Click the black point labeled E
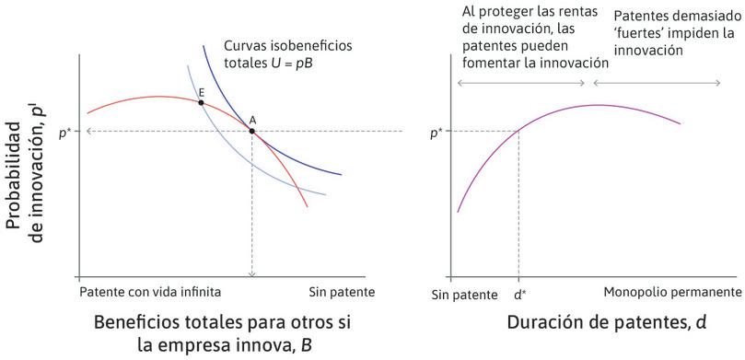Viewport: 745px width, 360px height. pyautogui.click(x=201, y=102)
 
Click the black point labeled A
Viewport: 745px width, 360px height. pyautogui.click(x=252, y=131)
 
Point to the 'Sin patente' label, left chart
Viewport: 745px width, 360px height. pyautogui.click(x=341, y=292)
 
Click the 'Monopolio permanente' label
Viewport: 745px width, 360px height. pyautogui.click(x=672, y=292)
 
